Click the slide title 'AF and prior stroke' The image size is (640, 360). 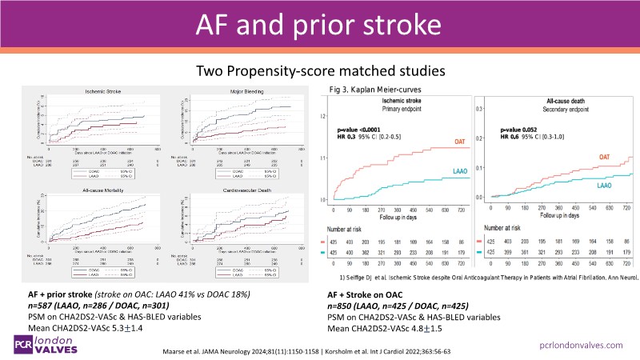point(319,24)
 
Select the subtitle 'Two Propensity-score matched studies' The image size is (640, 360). point(319,72)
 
